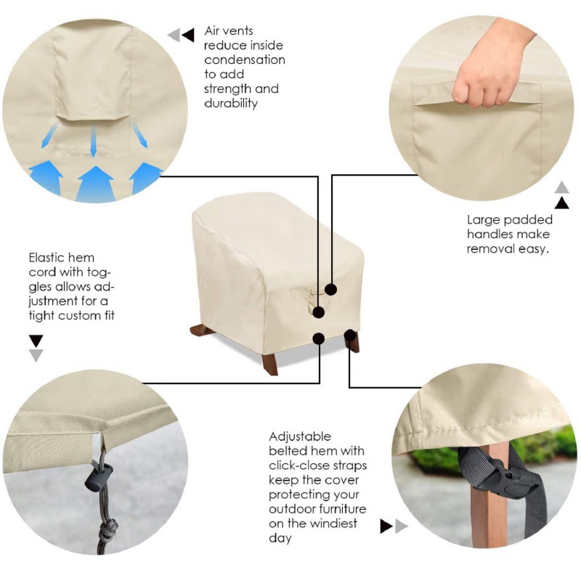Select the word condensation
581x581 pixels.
click(245, 60)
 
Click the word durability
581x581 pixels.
click(231, 103)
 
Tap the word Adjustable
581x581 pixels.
click(300, 437)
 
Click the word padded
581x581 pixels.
click(531, 220)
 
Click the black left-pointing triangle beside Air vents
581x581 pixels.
click(188, 35)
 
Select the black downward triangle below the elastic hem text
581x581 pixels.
click(36, 341)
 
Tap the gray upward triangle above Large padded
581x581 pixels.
click(561, 187)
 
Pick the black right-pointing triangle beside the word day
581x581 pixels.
click(387, 526)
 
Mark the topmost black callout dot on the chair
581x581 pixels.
click(331, 289)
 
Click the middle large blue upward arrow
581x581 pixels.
click(96, 184)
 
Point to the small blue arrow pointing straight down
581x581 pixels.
click(94, 141)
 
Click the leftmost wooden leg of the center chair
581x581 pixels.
click(200, 330)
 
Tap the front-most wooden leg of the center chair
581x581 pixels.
click(270, 365)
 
